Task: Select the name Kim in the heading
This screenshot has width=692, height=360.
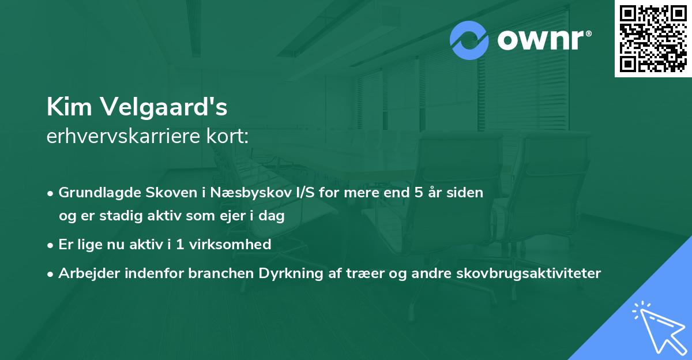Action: pos(64,106)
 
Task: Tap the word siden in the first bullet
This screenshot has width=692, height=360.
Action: pos(465,192)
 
